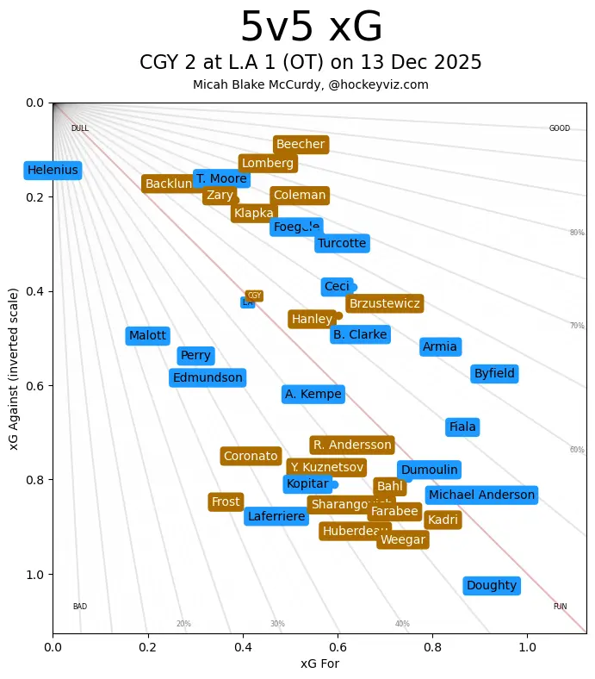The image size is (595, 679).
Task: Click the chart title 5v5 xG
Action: pyautogui.click(x=311, y=28)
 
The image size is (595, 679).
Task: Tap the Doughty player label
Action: pyautogui.click(x=492, y=586)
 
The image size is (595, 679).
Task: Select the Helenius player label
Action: pyautogui.click(x=53, y=171)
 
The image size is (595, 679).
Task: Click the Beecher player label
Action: pyautogui.click(x=301, y=145)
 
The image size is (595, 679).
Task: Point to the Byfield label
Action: pyautogui.click(x=494, y=374)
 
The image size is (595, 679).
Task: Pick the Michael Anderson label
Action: pyautogui.click(x=481, y=495)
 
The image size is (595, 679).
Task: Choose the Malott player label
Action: pyautogui.click(x=147, y=336)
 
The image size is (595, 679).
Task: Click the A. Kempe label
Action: pyautogui.click(x=313, y=395)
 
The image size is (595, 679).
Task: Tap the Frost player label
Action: pyautogui.click(x=226, y=502)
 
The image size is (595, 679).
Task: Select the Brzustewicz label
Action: pyautogui.click(x=385, y=303)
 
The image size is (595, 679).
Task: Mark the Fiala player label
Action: pyautogui.click(x=462, y=427)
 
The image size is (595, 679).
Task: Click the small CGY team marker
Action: pyautogui.click(x=254, y=296)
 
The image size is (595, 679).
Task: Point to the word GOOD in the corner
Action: pyautogui.click(x=560, y=128)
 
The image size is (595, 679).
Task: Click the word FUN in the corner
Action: pyautogui.click(x=560, y=607)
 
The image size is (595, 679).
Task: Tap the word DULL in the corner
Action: pyautogui.click(x=80, y=128)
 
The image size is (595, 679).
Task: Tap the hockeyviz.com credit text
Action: pyautogui.click(x=311, y=84)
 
